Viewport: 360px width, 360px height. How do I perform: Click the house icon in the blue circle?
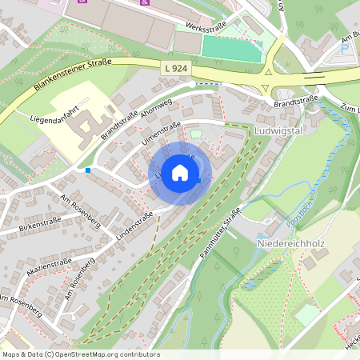pyautogui.click(x=180, y=172)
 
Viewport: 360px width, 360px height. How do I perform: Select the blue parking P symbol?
pyautogui.click(x=346, y=47)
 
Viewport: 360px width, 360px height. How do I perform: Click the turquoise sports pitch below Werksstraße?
pyautogui.click(x=231, y=47)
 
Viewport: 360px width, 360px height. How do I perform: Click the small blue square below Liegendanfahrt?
pyautogui.click(x=88, y=170)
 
